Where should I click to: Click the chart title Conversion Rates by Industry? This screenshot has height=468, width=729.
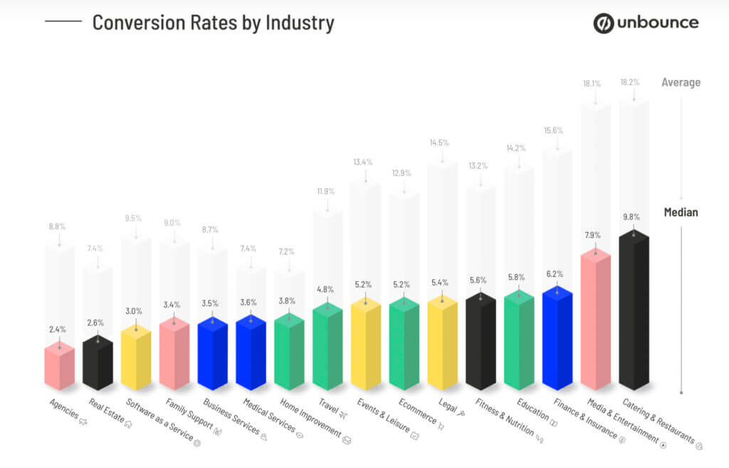213,22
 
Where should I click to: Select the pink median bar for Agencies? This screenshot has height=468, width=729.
59,367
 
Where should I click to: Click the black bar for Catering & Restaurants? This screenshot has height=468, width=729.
634,313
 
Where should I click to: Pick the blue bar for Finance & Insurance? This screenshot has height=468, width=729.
557,338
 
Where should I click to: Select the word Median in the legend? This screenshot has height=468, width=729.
681,212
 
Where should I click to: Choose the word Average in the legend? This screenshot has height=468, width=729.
681,83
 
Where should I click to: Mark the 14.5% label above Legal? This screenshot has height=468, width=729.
439,142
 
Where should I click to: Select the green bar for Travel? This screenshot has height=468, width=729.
327,347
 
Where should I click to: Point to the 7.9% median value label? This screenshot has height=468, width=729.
592,235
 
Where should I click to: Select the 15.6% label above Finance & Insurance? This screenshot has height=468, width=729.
553,130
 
